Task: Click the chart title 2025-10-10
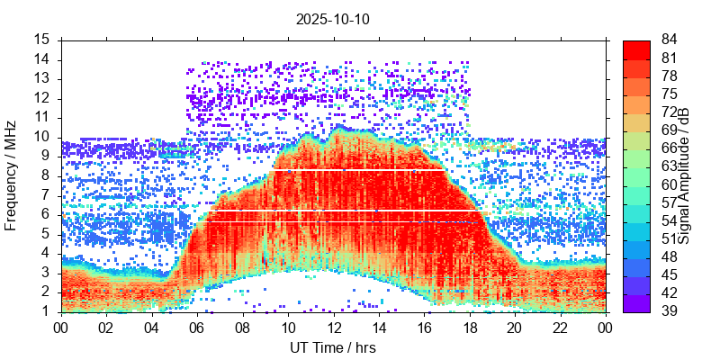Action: click(x=332, y=18)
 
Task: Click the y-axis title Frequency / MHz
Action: click(x=12, y=175)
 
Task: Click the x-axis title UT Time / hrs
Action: click(x=332, y=347)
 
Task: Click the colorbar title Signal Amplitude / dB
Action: click(x=684, y=175)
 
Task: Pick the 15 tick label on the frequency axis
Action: click(x=42, y=40)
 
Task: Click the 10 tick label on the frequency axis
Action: click(x=42, y=137)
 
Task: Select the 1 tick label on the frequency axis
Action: click(x=47, y=311)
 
